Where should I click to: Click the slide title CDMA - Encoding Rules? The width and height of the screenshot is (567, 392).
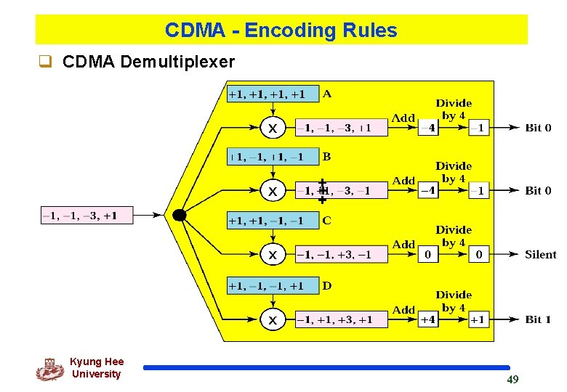281,30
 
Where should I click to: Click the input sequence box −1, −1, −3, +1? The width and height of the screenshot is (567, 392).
87,216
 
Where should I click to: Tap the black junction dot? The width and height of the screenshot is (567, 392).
179,215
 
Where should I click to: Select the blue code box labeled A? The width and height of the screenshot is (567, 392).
273,94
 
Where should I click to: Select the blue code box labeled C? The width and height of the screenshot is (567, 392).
273,221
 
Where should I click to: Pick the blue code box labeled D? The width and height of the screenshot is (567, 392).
273,286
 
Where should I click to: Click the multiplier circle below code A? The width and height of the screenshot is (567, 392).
273,128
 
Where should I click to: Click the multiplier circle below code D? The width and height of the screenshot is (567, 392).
273,319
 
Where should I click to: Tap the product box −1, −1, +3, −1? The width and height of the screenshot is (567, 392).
341,255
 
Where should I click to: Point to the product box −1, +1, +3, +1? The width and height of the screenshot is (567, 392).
341,319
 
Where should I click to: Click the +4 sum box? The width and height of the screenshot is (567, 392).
428,319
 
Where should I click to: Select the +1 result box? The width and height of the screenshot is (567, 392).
478,319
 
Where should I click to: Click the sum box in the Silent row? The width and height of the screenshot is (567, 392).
428,255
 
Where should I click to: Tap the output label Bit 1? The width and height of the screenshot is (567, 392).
538,319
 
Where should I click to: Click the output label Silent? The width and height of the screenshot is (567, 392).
540,255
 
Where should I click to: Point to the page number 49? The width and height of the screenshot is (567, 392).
512,380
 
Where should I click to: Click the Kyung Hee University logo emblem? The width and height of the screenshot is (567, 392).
49,369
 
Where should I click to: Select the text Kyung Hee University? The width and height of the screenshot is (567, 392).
97,368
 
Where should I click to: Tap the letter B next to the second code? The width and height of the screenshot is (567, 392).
327,156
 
